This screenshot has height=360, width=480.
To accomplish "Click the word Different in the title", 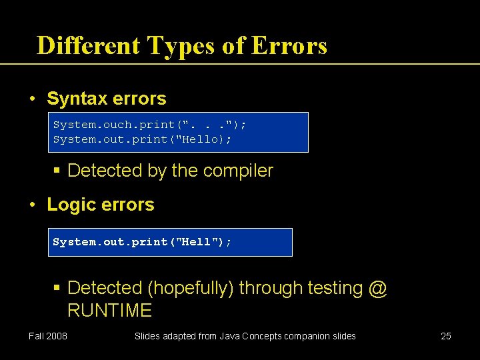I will tap(89, 46).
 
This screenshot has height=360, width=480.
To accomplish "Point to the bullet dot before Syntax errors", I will tap(33, 99).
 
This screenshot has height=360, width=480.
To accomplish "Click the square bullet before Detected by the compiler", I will tap(58, 171).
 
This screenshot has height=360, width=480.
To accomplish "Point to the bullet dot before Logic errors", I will tap(33, 205).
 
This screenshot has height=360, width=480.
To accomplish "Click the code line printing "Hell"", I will tap(142, 242).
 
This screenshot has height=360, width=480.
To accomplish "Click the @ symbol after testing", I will tap(377, 288).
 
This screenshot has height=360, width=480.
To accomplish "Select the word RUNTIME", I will tap(109, 311).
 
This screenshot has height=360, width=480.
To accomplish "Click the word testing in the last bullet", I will tap(331, 288).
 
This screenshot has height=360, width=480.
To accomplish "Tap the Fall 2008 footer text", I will tap(47, 336).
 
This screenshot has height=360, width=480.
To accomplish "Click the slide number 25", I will tap(446, 336).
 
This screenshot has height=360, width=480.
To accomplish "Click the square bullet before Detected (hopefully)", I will tap(58, 289).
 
